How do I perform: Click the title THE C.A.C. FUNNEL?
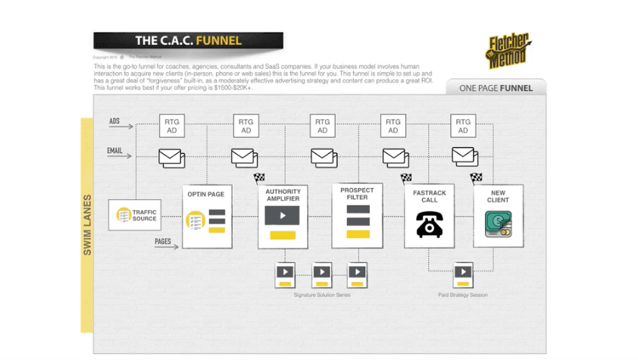tap(188, 41)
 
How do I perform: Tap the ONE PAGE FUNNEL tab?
tap(496, 88)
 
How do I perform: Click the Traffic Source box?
tap(135, 215)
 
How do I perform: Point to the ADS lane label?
tap(114, 121)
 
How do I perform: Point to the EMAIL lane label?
tap(114, 151)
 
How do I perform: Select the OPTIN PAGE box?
tap(206, 217)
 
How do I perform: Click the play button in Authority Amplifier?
tap(282, 215)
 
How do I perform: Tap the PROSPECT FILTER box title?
tap(357, 193)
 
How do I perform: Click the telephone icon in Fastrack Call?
tap(429, 224)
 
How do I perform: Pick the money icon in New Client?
tap(498, 224)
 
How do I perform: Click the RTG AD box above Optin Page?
tap(246, 126)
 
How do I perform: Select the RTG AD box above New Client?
tap(463, 126)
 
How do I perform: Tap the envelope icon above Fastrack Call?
tap(395, 156)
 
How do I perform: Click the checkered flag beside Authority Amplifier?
tap(259, 178)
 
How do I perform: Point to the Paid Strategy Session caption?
tap(463, 294)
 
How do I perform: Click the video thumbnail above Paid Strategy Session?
tap(463, 274)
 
